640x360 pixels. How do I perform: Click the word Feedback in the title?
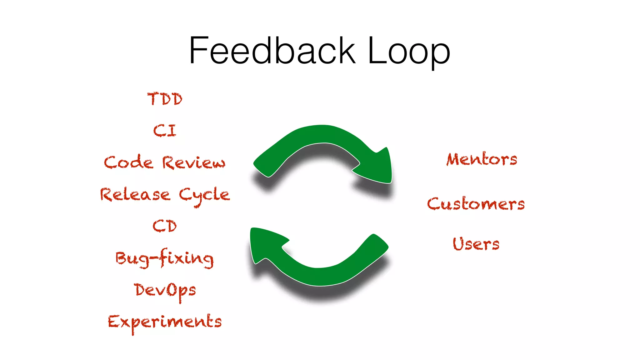click(272, 51)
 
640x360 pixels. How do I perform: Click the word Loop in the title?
click(409, 51)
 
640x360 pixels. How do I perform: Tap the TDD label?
click(165, 99)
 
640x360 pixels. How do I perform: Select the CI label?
click(165, 131)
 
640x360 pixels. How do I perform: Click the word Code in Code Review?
click(129, 162)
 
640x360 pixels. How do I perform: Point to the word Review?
click(193, 163)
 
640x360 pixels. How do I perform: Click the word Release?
click(135, 195)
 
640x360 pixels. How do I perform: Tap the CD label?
click(165, 226)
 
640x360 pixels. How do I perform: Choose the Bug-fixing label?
click(165, 258)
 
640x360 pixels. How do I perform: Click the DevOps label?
click(165, 290)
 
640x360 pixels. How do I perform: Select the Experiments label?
click(165, 322)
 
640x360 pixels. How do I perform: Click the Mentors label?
click(482, 159)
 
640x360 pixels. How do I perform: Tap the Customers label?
click(476, 204)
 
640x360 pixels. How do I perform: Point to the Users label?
click(476, 244)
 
